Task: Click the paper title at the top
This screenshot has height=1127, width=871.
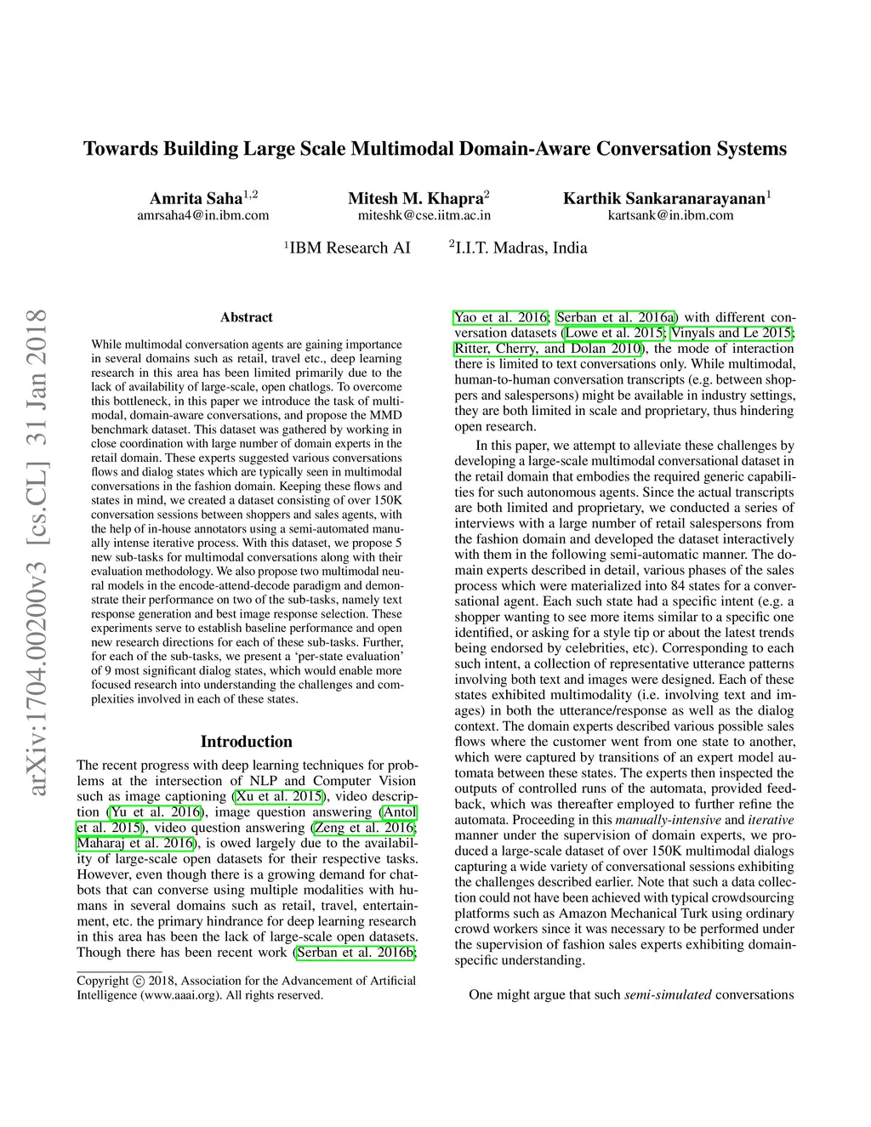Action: coord(435,149)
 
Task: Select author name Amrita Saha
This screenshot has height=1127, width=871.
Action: coord(196,199)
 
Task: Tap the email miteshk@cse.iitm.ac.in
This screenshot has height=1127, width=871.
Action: coord(424,215)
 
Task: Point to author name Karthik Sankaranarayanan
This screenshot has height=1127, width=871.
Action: coord(664,199)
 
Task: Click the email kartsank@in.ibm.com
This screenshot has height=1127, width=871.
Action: coord(670,215)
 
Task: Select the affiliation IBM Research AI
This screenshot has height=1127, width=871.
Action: coord(350,248)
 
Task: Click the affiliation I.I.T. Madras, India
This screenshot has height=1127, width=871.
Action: coord(521,248)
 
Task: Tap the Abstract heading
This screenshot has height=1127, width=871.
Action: coord(247,317)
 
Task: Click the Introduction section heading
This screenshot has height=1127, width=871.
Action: coord(246,742)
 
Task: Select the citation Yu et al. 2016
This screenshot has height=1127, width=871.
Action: coord(155,811)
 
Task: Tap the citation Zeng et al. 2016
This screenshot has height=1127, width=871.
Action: coord(364,828)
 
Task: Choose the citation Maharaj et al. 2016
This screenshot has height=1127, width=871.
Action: coord(135,843)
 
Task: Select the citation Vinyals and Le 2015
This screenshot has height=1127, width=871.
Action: coord(732,333)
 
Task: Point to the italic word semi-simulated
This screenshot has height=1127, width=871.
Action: coord(668,994)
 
